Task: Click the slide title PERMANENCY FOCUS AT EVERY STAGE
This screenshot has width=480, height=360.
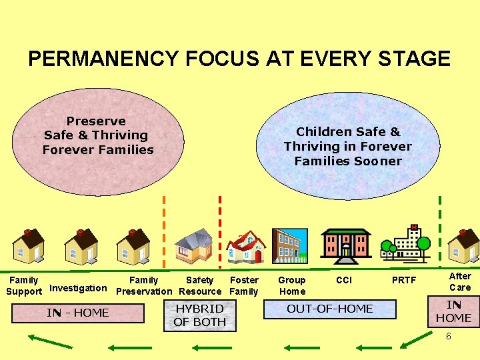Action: (239, 59)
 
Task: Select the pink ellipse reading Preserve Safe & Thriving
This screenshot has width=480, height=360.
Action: (98, 136)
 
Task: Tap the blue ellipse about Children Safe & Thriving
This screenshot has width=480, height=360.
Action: (348, 147)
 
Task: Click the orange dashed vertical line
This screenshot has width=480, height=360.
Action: (165, 220)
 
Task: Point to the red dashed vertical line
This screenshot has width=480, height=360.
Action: (221, 220)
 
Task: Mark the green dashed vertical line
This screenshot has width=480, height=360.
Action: (439, 220)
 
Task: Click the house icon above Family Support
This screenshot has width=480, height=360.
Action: (28, 247)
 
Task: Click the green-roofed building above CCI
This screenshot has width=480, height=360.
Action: (345, 245)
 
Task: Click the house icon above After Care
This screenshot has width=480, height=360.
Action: (463, 247)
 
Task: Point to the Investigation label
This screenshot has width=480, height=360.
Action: (78, 288)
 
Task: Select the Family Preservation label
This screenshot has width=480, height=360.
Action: (144, 286)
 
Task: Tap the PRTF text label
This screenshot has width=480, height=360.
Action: (404, 281)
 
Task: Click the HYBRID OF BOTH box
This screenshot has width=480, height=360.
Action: (199, 315)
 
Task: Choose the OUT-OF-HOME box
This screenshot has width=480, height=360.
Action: (329, 309)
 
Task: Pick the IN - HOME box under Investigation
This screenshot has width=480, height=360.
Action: (77, 313)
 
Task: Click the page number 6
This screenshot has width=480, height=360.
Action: (448, 337)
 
